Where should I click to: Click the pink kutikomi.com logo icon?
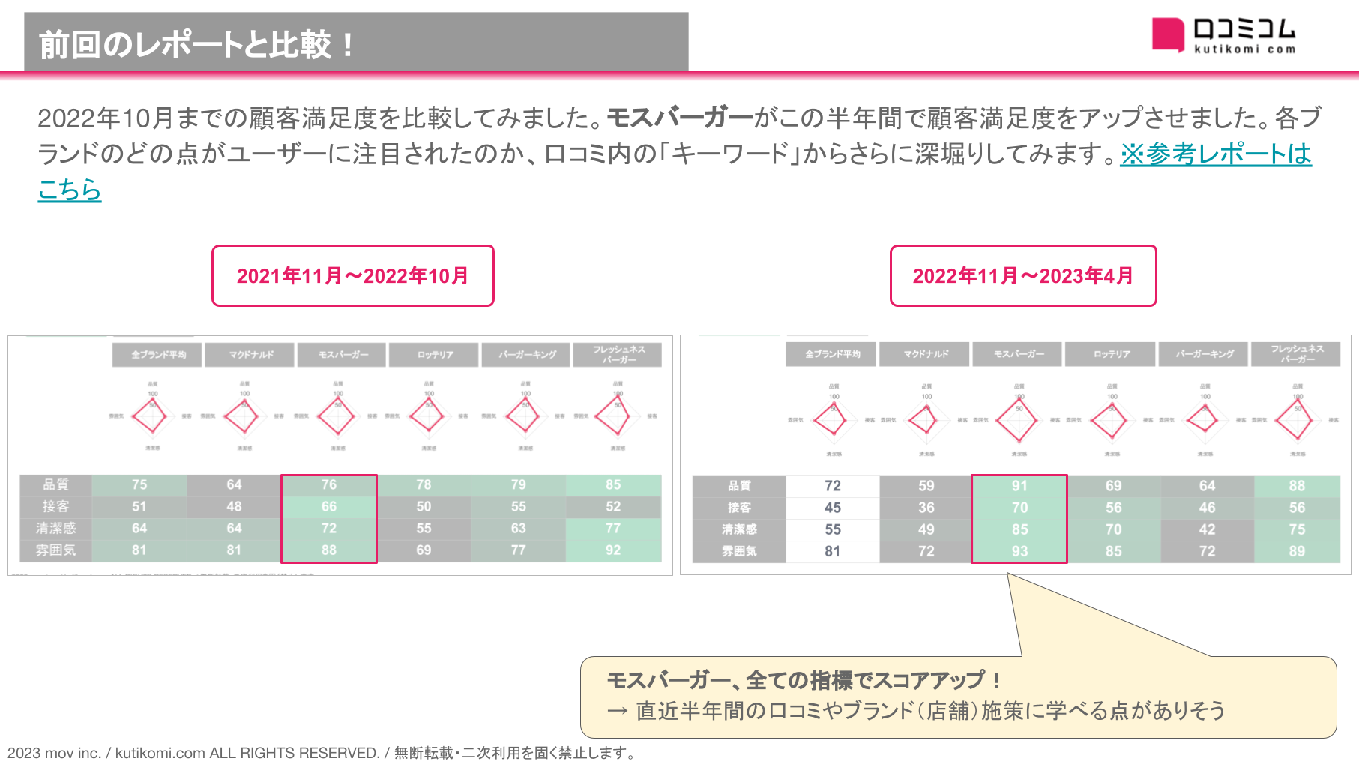[x=1167, y=34]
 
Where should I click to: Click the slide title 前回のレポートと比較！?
[x=196, y=44]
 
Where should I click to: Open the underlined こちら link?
[x=70, y=190]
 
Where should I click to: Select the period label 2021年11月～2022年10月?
[x=352, y=275]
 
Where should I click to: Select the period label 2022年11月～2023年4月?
[x=1022, y=275]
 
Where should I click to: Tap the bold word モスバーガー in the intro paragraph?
[x=679, y=118]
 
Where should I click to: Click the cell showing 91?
[x=1019, y=486]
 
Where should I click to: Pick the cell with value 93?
[x=1019, y=551]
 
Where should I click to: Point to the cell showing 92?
[x=613, y=550]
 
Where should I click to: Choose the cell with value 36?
[x=926, y=508]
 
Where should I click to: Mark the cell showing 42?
[x=1207, y=529]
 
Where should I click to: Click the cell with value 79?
[x=518, y=484]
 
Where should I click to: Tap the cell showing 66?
[x=329, y=506]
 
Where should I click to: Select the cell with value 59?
[x=926, y=486]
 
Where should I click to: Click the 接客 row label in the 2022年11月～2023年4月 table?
[x=739, y=508]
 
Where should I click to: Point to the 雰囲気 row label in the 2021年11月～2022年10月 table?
[x=56, y=550]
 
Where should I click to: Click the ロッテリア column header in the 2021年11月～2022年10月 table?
[x=436, y=354]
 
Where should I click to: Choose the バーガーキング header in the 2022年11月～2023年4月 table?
[x=1205, y=353]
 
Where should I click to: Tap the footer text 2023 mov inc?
[x=54, y=753]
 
